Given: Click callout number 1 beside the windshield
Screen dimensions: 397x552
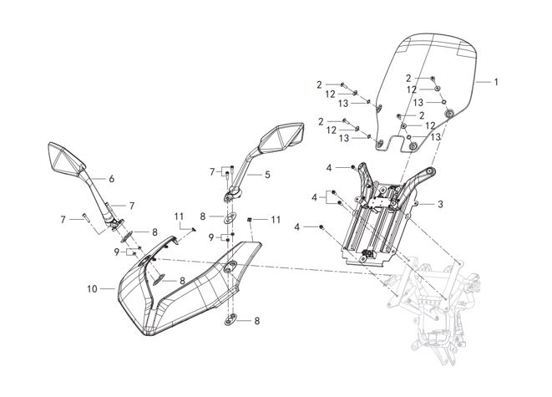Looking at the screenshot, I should pos(495,82).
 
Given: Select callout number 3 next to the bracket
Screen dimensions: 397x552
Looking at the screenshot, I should pos(440,203).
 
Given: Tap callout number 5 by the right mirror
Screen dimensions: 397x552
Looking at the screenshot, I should pos(267,176).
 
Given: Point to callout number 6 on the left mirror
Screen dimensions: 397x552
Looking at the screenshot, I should pos(111,178).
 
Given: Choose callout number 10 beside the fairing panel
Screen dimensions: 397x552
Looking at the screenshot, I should pos(93,288).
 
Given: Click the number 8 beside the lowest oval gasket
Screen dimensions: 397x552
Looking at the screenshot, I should pos(257,321).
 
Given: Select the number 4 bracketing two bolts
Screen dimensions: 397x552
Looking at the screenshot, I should pos(316,198).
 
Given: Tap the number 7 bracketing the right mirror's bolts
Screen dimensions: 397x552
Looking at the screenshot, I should pos(213,172).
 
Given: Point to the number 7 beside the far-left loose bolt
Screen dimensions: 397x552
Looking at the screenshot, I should pos(62,218).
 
